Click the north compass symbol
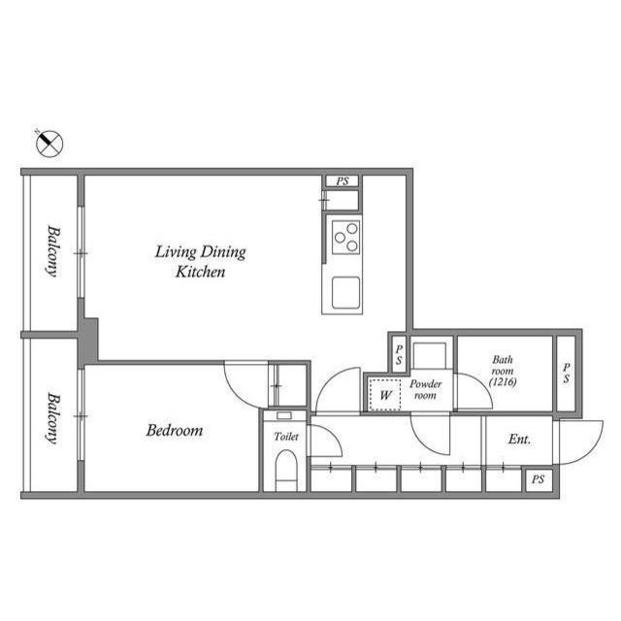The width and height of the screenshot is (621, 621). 49,145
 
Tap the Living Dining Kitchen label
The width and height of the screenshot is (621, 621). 201,262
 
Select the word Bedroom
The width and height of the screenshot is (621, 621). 175,430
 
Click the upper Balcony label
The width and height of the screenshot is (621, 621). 51,251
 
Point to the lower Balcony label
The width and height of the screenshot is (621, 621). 51,417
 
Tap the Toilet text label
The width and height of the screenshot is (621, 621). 285,437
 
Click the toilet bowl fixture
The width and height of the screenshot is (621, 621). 285,474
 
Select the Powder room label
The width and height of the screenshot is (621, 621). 426,389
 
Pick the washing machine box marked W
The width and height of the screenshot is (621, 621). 385,395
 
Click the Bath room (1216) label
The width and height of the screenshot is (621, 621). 503,371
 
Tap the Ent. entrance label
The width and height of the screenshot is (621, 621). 519,440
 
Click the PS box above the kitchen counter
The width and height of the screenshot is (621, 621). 342,181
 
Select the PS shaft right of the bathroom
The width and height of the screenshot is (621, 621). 567,373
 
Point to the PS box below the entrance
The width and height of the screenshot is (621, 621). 538,479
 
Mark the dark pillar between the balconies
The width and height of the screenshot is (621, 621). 88,341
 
